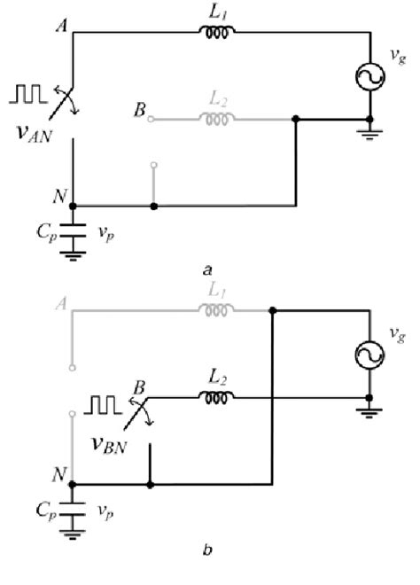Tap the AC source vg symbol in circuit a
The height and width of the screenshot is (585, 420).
[369, 77]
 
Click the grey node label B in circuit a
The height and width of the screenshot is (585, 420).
[137, 113]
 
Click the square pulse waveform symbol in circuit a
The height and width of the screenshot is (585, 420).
[28, 91]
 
